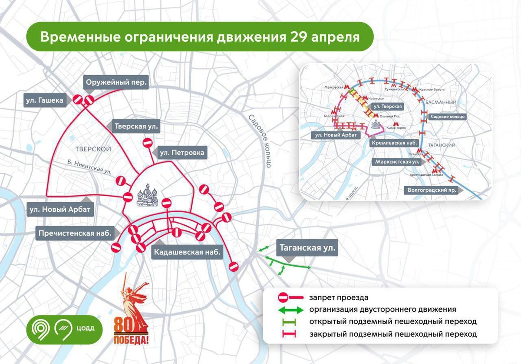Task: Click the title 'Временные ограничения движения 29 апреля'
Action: click(200, 37)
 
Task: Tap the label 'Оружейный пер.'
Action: click(116, 82)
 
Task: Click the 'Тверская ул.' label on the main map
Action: click(136, 127)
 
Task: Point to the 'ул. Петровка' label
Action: click(181, 153)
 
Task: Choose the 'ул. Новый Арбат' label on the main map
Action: click(59, 210)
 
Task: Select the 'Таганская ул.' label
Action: click(307, 249)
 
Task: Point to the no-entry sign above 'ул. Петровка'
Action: click(147, 143)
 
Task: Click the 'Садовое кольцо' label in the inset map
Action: click(447, 117)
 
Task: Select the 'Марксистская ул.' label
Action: click(398, 162)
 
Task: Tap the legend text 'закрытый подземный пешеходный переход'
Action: click(393, 334)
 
